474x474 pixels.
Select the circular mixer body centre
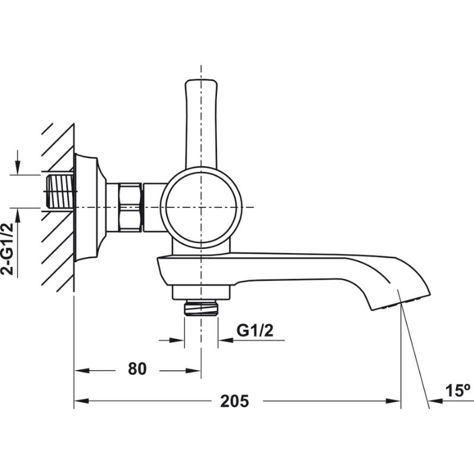201,207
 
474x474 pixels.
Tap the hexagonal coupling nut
131,207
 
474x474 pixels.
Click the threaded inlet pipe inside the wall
59,190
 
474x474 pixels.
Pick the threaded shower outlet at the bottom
201,308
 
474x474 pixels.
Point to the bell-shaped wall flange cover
89,207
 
